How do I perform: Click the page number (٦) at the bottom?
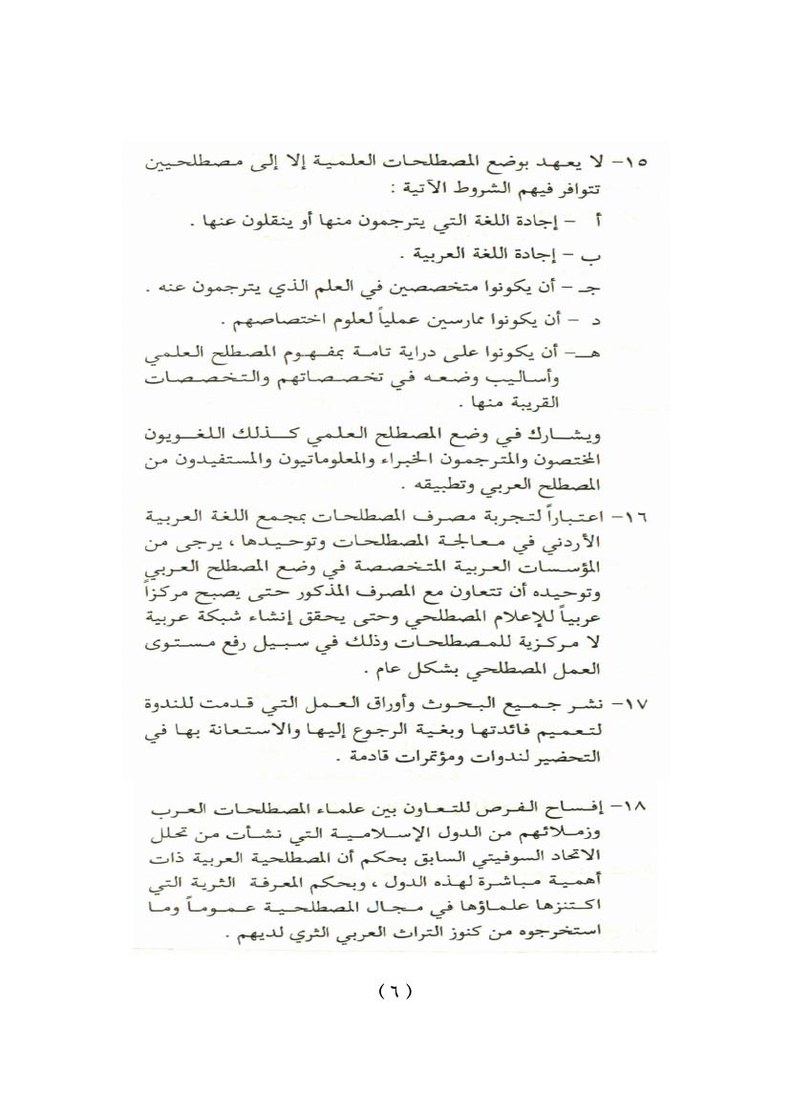click(395, 991)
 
